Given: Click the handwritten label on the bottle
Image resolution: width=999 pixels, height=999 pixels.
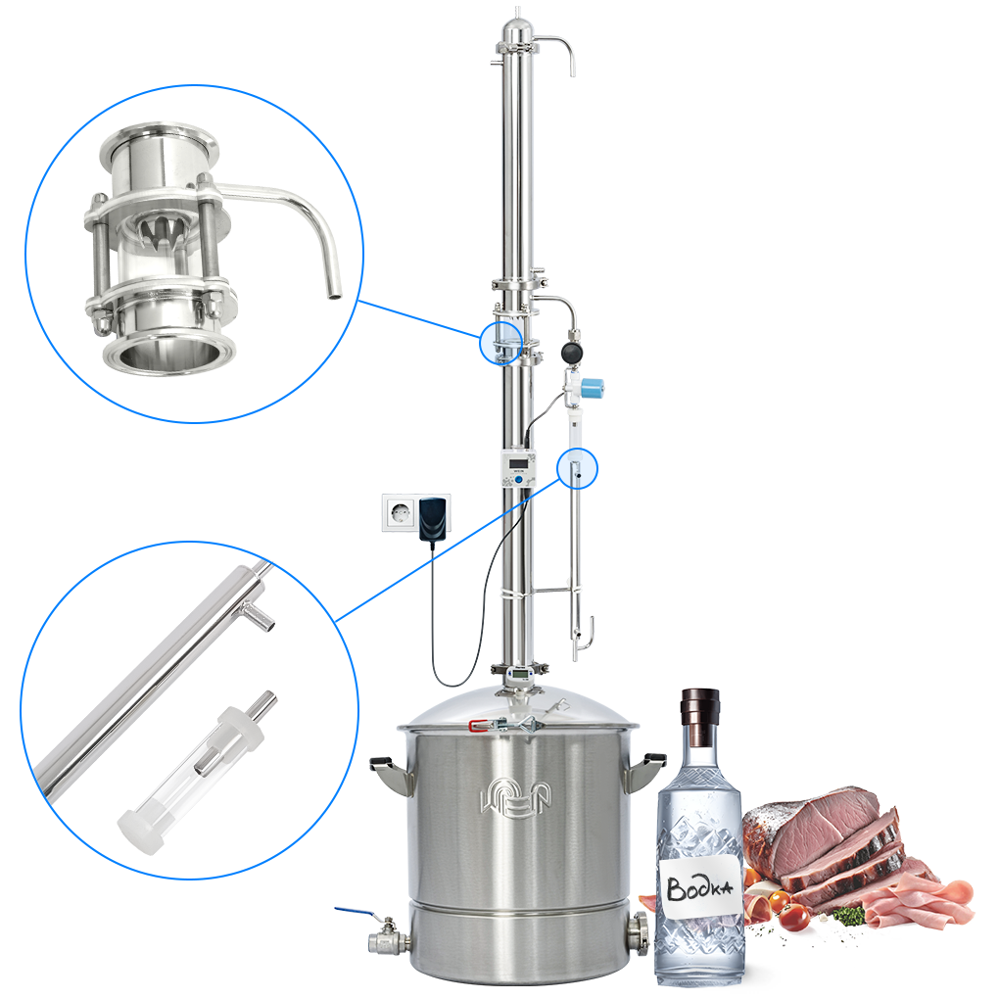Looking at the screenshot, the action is [x=699, y=886].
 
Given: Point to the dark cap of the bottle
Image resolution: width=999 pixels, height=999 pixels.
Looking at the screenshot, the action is [x=700, y=717].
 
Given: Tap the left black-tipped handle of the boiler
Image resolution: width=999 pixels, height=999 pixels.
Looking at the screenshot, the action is [x=389, y=773].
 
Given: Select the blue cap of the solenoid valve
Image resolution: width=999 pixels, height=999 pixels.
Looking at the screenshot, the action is [x=594, y=387].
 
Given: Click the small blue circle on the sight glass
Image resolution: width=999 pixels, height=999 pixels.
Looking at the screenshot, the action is [x=500, y=342].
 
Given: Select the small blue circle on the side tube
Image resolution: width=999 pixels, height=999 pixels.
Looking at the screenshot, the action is [x=577, y=468].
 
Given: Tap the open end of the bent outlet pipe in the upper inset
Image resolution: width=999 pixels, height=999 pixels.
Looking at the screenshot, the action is [x=334, y=295].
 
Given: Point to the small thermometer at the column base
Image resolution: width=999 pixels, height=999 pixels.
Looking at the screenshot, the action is [x=520, y=673].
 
